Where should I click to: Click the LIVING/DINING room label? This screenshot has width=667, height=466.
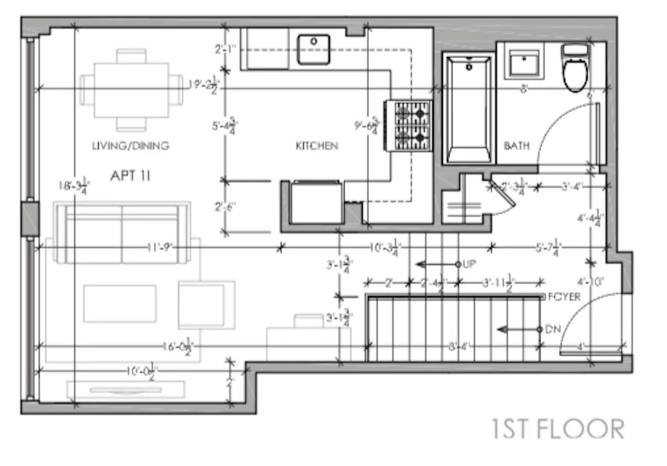coord(130,146)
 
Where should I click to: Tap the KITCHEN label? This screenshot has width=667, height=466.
coord(317,146)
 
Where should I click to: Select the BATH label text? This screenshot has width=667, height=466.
coord(516,146)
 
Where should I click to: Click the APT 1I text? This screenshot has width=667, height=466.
coord(130,176)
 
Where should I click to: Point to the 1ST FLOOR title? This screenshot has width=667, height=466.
coord(558,430)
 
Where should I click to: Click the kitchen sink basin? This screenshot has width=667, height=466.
coord(314,49)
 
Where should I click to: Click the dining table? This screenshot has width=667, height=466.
coord(131,90)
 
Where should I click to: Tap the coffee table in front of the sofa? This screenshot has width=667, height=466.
coord(120,304)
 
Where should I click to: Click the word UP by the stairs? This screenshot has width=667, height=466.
coord(469,265)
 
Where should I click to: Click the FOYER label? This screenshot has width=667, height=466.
coord(564,297)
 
